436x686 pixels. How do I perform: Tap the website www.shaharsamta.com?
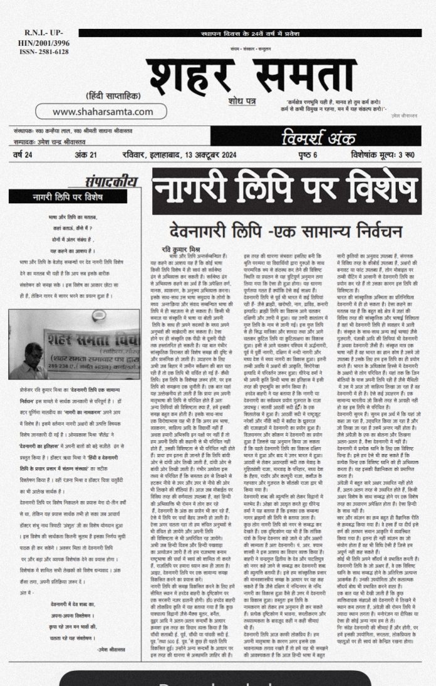(x=103, y=112)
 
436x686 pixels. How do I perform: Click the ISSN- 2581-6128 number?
(x=34, y=52)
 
